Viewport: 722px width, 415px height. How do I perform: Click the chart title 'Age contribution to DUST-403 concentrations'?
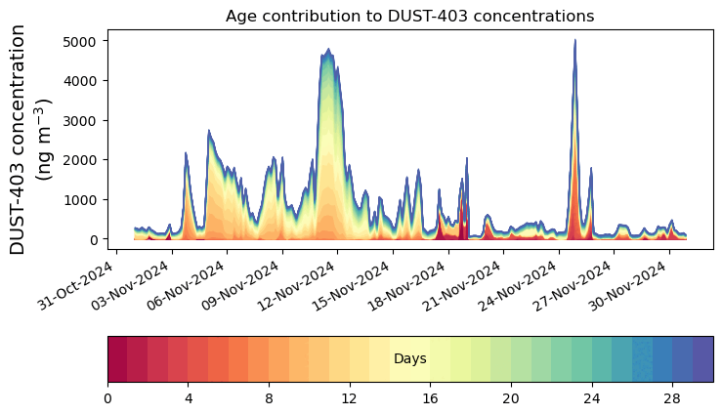(x=409, y=16)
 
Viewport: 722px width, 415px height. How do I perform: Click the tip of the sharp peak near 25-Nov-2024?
(x=574, y=41)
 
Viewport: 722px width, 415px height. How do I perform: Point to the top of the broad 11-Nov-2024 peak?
(x=328, y=50)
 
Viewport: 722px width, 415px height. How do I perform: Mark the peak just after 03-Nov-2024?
(x=186, y=153)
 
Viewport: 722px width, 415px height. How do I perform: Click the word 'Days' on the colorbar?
(x=409, y=359)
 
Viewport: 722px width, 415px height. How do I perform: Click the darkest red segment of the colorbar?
(x=117, y=359)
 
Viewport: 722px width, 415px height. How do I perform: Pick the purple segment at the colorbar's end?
(x=702, y=359)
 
